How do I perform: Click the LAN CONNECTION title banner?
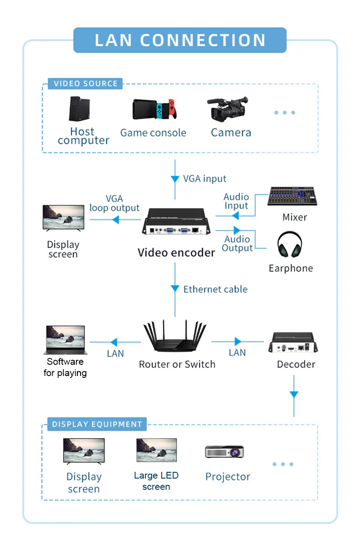tap(180, 40)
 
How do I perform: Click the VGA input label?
tap(205, 179)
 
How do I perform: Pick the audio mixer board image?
tap(293, 197)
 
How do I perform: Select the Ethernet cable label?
tap(215, 289)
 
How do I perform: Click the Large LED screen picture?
tap(157, 451)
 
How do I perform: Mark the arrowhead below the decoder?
tap(294, 394)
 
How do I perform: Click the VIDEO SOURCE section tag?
tap(85, 84)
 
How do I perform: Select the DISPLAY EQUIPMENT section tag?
tap(97, 424)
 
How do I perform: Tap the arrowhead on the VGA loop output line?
tap(115, 219)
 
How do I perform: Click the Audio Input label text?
tap(236, 202)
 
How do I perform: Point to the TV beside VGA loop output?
tap(63, 218)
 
